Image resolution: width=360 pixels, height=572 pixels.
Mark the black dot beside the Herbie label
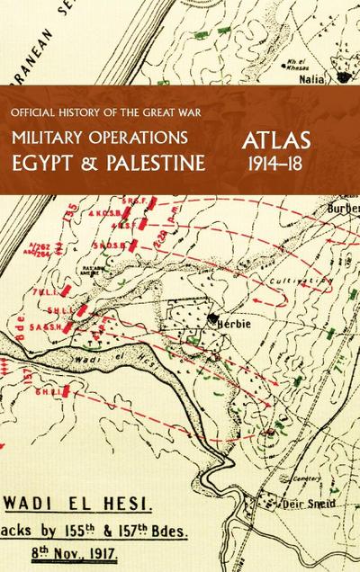pyautogui.click(x=212, y=318)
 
